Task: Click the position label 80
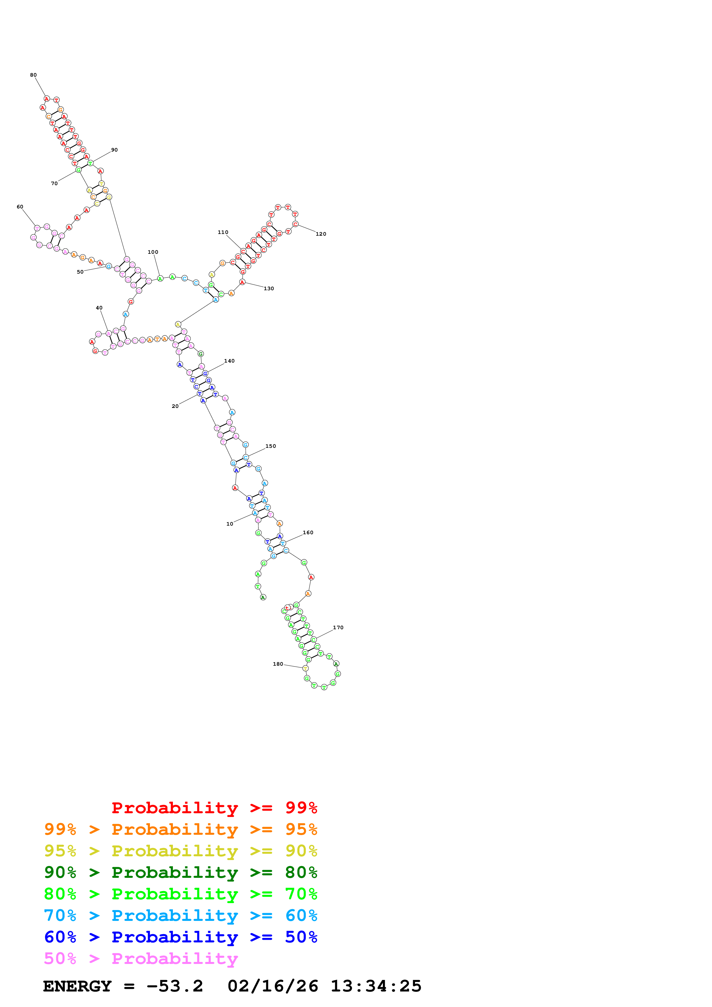33,75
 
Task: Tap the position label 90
115,150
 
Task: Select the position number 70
54,184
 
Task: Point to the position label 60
20,207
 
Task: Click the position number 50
80,272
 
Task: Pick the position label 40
99,308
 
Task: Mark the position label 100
153,252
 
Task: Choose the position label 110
223,233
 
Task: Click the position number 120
321,234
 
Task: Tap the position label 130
269,288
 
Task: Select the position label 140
229,361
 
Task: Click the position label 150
271,446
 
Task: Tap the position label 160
308,532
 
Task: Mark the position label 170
338,628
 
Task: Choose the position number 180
278,664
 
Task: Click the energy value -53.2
175,986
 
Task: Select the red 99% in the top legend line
301,808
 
